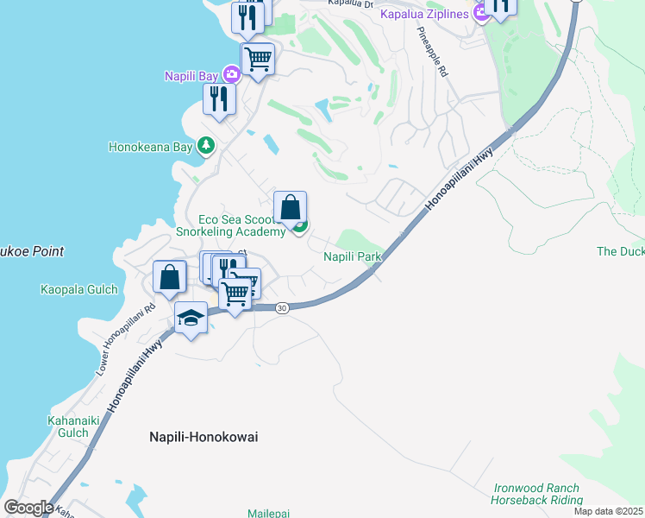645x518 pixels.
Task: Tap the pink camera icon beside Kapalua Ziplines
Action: [x=480, y=15]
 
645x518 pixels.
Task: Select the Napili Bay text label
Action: [x=191, y=76]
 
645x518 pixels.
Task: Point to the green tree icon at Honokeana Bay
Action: [x=205, y=146]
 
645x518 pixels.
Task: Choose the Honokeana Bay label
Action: [x=150, y=147]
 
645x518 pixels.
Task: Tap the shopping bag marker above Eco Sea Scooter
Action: [x=291, y=209]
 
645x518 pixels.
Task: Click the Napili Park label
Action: [x=352, y=256]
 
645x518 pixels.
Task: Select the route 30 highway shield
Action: [x=282, y=307]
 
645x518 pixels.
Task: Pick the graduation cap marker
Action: [x=191, y=319]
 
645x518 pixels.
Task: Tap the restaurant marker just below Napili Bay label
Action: [x=219, y=99]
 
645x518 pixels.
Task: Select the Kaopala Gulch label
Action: [x=78, y=290]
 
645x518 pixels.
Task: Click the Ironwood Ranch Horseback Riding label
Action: [x=535, y=494]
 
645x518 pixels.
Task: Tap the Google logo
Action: [x=28, y=508]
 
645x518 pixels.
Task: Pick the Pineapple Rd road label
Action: [x=432, y=51]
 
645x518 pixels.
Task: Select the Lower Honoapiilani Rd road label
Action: [x=125, y=338]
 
